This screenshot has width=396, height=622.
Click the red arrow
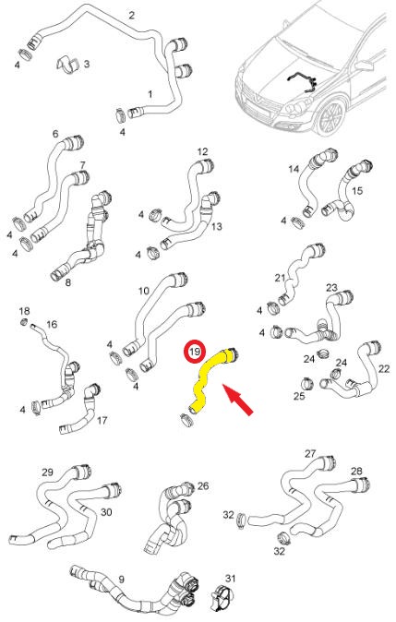tap(237, 400)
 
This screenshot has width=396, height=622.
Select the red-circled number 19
tap(195, 352)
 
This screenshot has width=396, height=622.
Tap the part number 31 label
tap(230, 579)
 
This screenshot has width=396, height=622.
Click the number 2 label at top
tap(131, 16)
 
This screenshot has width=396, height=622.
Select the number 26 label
tap(203, 486)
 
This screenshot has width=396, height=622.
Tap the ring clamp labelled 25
tap(307, 383)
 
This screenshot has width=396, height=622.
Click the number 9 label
tap(122, 580)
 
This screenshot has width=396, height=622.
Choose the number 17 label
tap(102, 420)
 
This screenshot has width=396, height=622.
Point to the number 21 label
tap(280, 278)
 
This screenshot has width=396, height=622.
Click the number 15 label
tap(357, 191)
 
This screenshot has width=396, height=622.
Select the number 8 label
tap(68, 282)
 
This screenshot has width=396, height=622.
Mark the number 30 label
tap(106, 512)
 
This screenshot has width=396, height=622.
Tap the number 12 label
tap(202, 151)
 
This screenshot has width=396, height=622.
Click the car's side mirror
tap(364, 65)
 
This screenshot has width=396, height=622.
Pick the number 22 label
tap(384, 369)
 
